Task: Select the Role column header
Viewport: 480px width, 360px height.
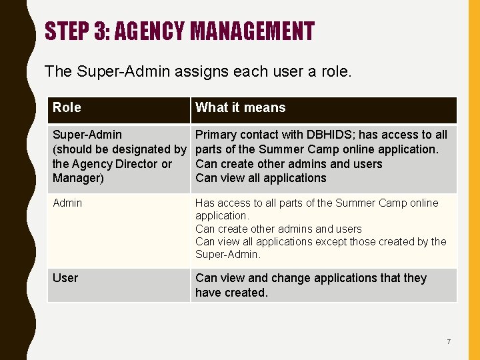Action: (x=67, y=107)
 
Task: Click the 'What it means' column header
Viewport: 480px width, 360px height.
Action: (x=240, y=107)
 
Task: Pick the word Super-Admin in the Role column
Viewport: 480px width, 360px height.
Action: (x=87, y=135)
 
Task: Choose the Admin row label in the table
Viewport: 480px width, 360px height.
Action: (x=67, y=203)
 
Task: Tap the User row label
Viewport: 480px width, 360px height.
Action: (x=65, y=278)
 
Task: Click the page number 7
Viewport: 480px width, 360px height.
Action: (x=449, y=342)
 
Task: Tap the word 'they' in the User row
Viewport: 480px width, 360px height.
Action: (x=413, y=278)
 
